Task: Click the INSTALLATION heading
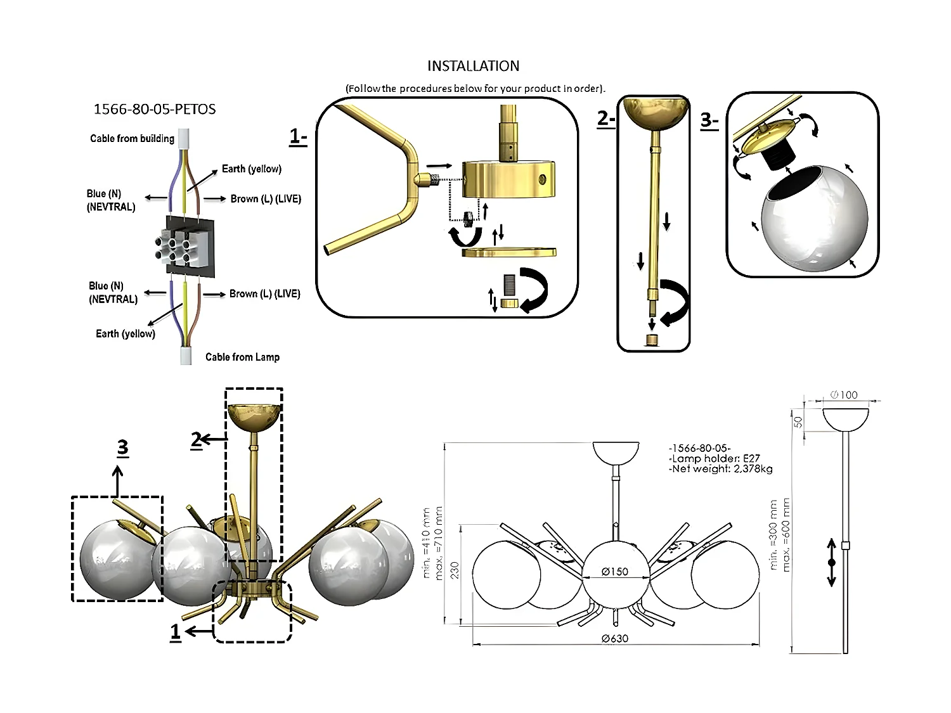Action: (x=473, y=66)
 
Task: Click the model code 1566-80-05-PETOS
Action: (x=155, y=109)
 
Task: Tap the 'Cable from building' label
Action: (x=132, y=138)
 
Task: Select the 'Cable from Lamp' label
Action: (x=242, y=357)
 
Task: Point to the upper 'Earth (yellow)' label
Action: (x=252, y=169)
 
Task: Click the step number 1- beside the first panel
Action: (x=298, y=136)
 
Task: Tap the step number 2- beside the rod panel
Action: (x=606, y=119)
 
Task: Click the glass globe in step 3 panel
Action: (x=814, y=218)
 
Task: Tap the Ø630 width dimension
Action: (x=615, y=638)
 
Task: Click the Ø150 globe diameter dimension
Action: (x=615, y=572)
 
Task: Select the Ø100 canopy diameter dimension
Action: (x=844, y=395)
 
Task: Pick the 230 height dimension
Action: (x=455, y=570)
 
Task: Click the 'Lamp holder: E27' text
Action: (x=714, y=458)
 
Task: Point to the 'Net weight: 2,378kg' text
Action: (x=720, y=469)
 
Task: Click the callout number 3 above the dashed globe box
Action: (x=122, y=447)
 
